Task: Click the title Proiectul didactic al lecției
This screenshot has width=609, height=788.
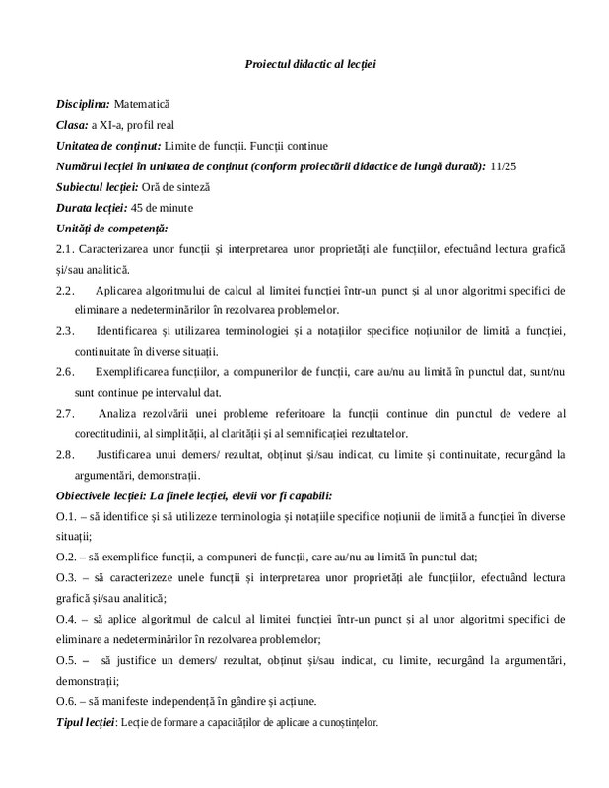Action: [309, 63]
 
